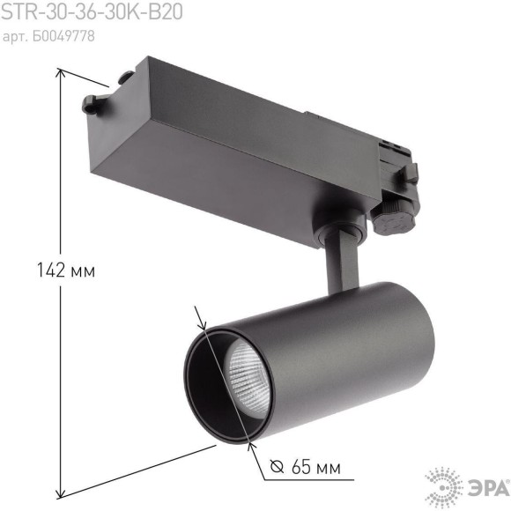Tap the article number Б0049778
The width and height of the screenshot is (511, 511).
[48, 36]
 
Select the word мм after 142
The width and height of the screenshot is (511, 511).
[80, 270]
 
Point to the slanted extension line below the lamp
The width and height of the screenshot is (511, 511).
[141, 471]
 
